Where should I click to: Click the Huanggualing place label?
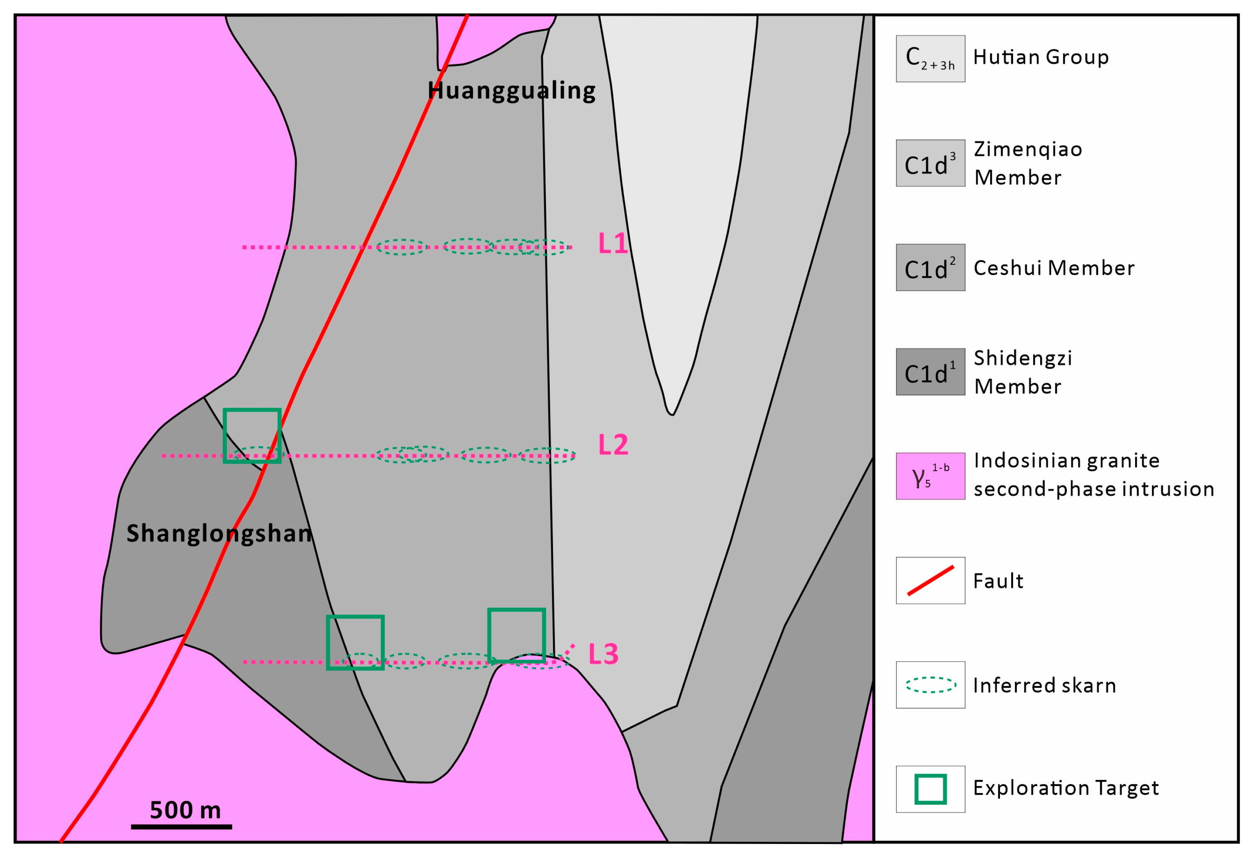pyautogui.click(x=511, y=90)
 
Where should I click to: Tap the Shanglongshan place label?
pyautogui.click(x=219, y=533)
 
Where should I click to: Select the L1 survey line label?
pyautogui.click(x=612, y=244)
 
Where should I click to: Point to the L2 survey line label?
pyautogui.click(x=613, y=445)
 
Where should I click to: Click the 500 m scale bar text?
pyautogui.click(x=185, y=810)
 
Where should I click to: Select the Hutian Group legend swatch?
pyautogui.click(x=930, y=58)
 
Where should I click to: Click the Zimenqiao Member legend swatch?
pyautogui.click(x=930, y=163)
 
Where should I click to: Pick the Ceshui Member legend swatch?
pyautogui.click(x=930, y=267)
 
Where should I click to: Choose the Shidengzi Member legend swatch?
pyautogui.click(x=930, y=372)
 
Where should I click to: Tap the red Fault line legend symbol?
pyautogui.click(x=930, y=581)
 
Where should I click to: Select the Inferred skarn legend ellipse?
pyautogui.click(x=930, y=685)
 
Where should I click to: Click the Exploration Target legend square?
pyautogui.click(x=930, y=789)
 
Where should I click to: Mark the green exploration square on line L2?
pyautogui.click(x=252, y=436)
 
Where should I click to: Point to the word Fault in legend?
pyautogui.click(x=998, y=581)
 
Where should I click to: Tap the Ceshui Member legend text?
pyautogui.click(x=1053, y=268)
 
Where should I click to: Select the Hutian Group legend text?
pyautogui.click(x=1040, y=57)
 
